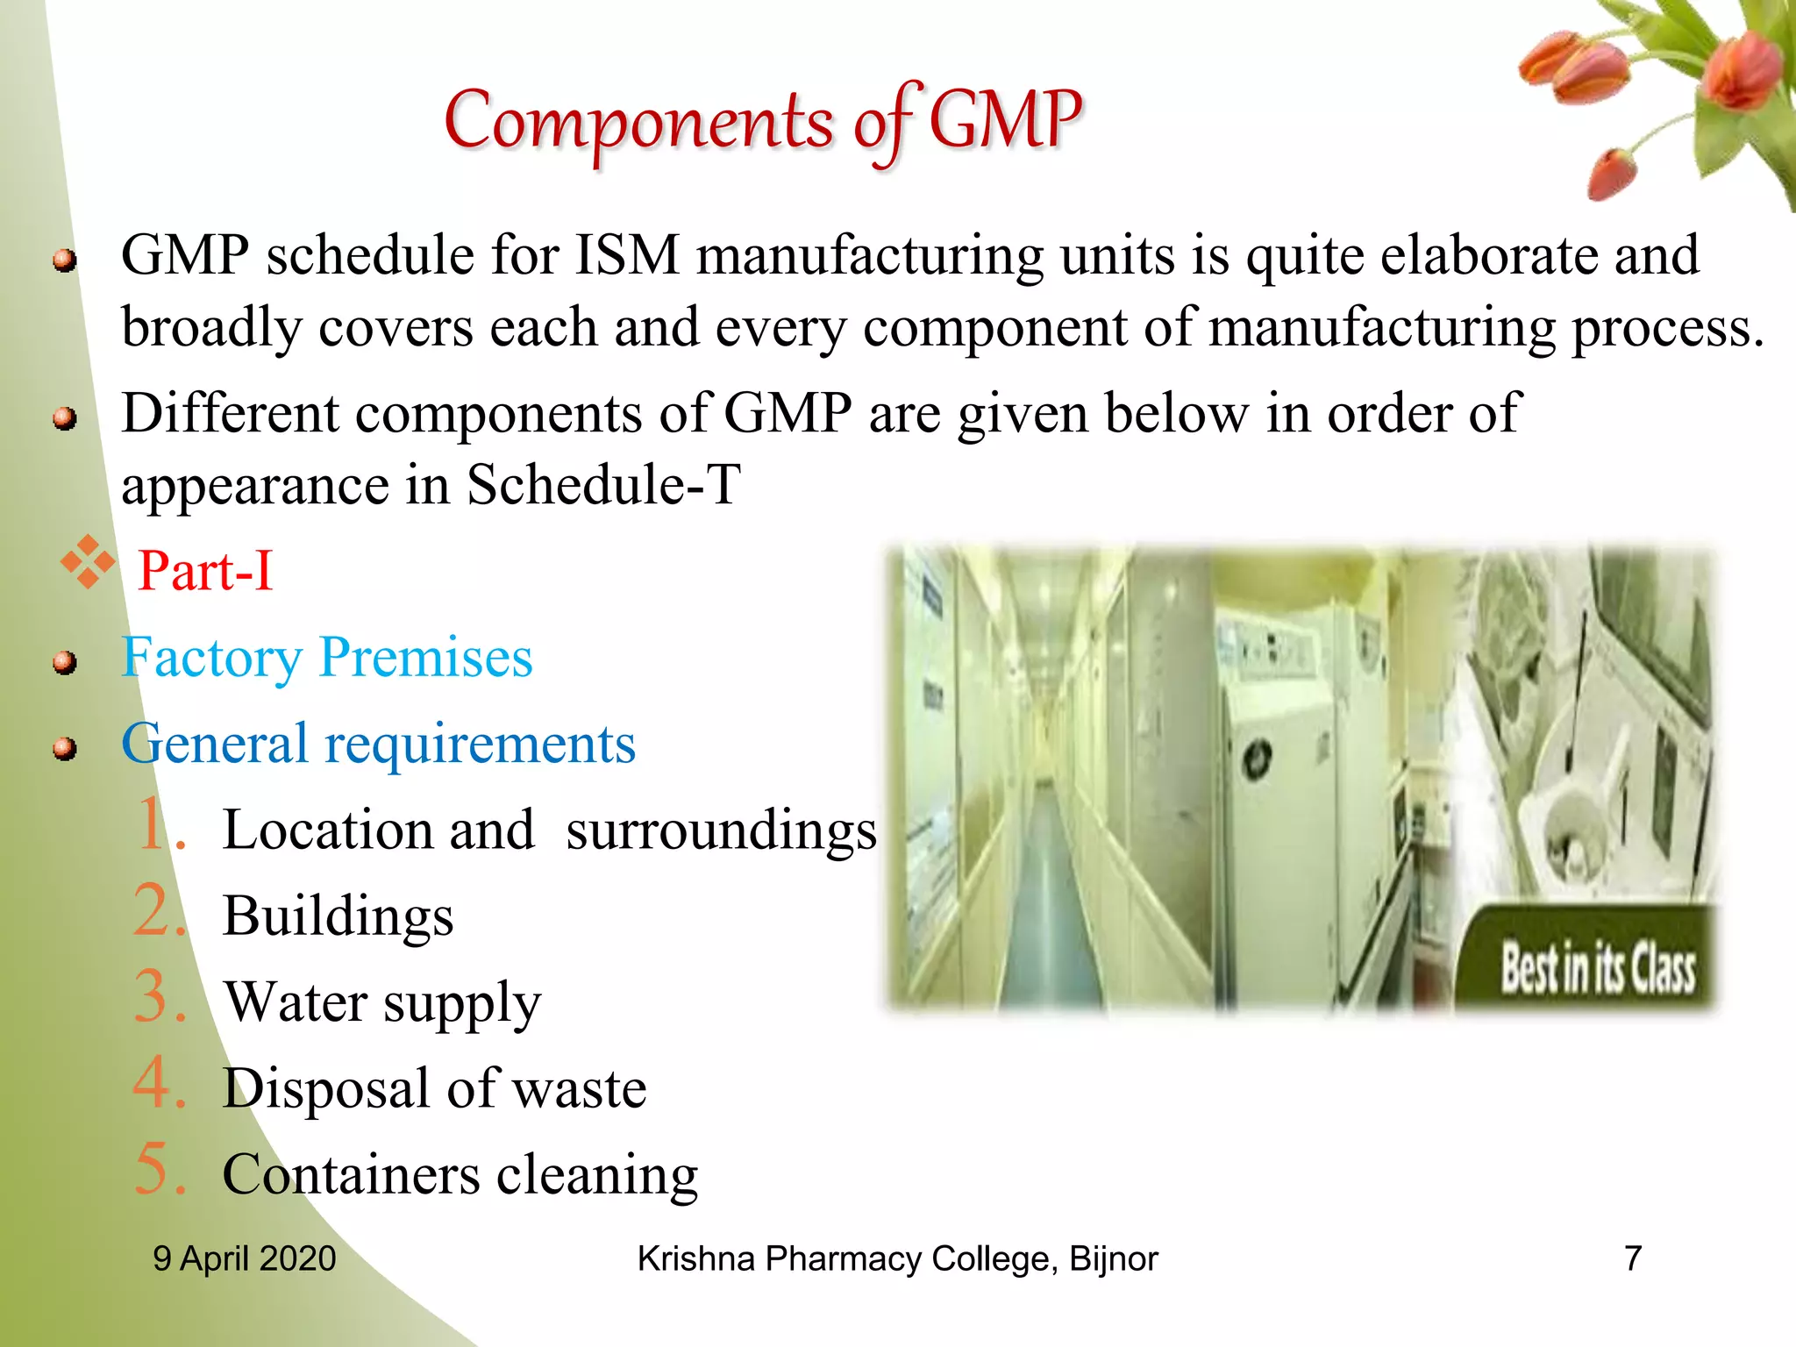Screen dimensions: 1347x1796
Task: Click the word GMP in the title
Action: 1005,120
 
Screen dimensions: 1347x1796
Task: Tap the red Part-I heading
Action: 206,571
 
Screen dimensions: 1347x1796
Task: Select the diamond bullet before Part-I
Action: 88,562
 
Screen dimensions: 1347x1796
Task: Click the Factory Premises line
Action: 327,658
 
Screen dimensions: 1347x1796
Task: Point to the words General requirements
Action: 378,745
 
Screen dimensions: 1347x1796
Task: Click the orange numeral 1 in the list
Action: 154,824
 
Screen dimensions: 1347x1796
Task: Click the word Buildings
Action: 339,916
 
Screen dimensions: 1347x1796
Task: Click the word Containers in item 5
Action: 352,1175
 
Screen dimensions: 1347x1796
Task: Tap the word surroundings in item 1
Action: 721,830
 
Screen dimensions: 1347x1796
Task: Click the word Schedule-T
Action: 603,484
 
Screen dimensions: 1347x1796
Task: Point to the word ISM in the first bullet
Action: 627,256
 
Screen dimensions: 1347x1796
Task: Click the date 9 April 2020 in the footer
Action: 245,1258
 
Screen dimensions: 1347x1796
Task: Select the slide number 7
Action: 1633,1258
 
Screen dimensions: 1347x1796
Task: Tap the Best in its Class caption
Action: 1598,969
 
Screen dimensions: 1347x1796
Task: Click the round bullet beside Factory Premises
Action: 64,662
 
